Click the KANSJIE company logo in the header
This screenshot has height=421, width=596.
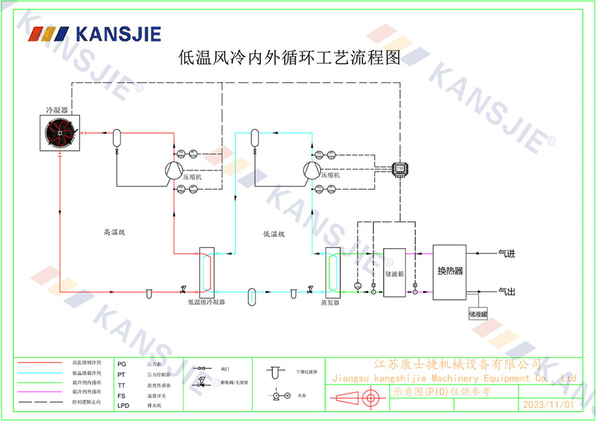pyautogui.click(x=95, y=33)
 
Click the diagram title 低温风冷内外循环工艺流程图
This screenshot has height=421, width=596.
pyautogui.click(x=290, y=58)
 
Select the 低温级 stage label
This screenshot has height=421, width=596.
pyautogui.click(x=274, y=234)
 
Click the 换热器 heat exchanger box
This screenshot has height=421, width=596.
pyautogui.click(x=450, y=271)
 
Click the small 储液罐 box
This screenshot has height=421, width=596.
pyautogui.click(x=478, y=313)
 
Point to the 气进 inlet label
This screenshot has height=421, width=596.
pyautogui.click(x=506, y=253)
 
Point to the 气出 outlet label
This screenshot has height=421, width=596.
pyautogui.click(x=506, y=292)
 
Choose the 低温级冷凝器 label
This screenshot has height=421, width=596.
pyautogui.click(x=206, y=302)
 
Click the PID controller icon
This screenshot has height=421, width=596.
pyautogui.click(x=400, y=169)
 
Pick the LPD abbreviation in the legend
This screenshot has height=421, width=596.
pyautogui.click(x=123, y=405)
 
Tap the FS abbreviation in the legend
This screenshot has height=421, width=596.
pyautogui.click(x=121, y=395)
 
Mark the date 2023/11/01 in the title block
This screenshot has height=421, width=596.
pyautogui.click(x=548, y=404)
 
